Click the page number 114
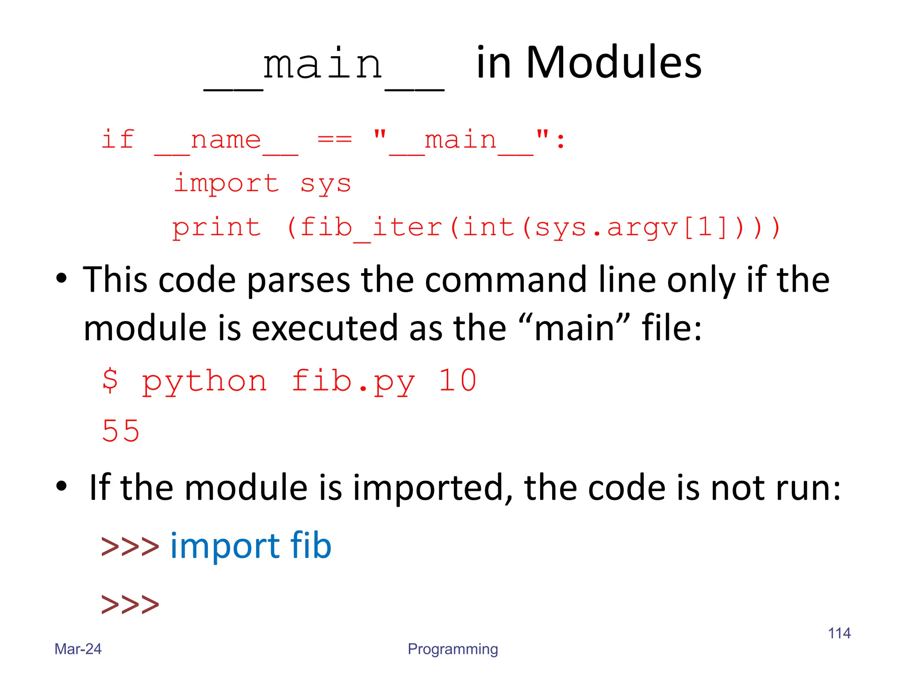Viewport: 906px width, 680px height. point(839,633)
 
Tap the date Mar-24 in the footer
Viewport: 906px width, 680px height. point(78,649)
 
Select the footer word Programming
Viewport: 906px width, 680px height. point(453,649)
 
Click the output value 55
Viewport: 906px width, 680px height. point(121,431)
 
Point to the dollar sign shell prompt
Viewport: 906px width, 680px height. point(110,380)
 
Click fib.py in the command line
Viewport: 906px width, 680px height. point(353,381)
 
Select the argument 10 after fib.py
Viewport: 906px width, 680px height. point(457,380)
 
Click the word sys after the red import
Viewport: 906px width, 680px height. point(326,183)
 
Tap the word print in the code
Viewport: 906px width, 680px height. point(216,228)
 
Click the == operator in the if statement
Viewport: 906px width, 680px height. point(335,140)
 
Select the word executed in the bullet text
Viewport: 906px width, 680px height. point(325,328)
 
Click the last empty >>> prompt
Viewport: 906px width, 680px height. point(130,604)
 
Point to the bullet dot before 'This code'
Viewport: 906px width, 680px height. point(61,278)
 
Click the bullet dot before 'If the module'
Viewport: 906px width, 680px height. point(61,486)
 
